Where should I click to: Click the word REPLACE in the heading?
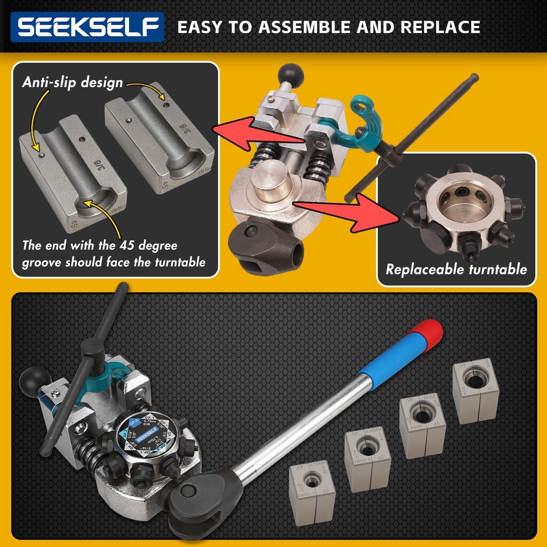point(440,27)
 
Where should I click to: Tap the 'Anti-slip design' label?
point(72,82)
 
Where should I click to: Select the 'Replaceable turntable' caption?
point(456,269)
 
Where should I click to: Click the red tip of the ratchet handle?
point(428,330)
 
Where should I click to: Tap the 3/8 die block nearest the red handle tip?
point(475,392)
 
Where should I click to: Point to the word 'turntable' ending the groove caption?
point(180,262)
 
